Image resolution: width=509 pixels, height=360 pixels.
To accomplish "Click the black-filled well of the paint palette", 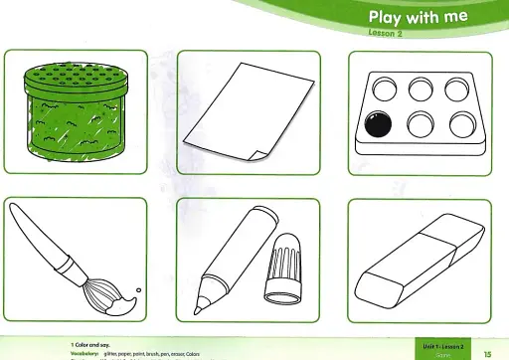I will [x=378, y=125].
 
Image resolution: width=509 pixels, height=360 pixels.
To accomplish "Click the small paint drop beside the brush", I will [x=138, y=290].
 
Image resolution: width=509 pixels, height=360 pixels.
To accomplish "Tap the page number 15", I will [x=487, y=352].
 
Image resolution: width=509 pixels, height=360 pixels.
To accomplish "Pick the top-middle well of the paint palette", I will [x=419, y=87].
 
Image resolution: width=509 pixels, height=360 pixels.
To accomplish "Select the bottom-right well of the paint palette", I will [x=460, y=124].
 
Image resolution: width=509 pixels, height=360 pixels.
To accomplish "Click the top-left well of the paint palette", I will [x=378, y=87].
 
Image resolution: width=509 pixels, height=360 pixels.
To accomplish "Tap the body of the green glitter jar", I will [x=72, y=124].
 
